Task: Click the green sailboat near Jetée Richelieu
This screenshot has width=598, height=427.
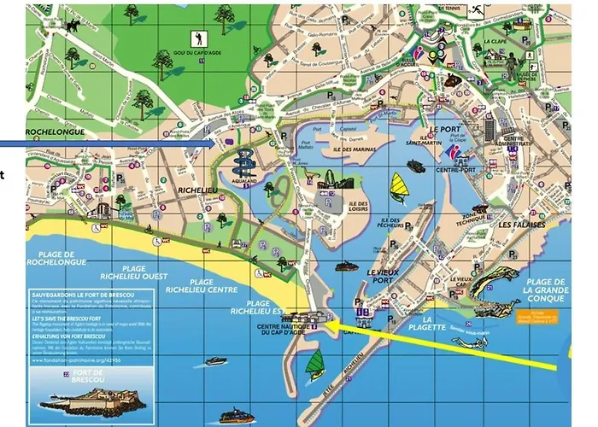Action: tap(316, 362)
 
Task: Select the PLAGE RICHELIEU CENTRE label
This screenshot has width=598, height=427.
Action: tap(202, 286)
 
